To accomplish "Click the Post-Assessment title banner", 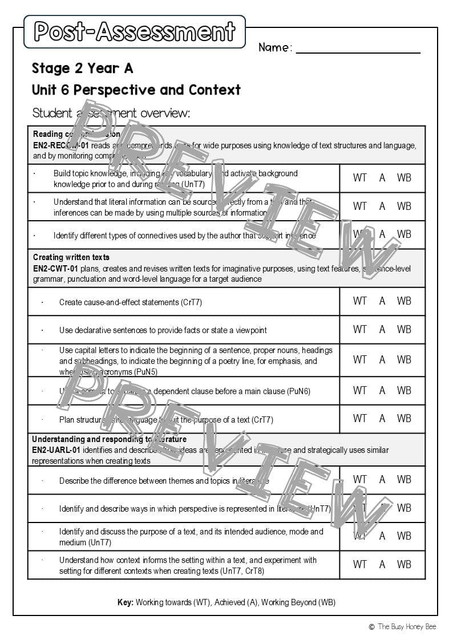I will coord(135,32).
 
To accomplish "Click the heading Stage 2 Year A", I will coord(82,68).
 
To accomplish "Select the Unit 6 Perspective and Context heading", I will coord(136,90).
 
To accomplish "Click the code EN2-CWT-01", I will coord(56,269).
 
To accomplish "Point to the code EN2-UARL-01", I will coord(57,450).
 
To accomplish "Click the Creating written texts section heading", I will coord(71,257).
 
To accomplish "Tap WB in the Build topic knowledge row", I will coord(404,178).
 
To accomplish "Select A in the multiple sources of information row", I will coord(382,206).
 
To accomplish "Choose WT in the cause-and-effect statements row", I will coord(360,301).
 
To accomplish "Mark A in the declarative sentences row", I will coord(382,329).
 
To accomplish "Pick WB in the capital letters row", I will coord(404,360).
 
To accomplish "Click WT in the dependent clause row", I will coord(360,391).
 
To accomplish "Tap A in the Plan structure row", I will coord(382,419).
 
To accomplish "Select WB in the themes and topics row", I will coord(404,480).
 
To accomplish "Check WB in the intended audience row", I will coord(404,536).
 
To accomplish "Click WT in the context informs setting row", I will coord(360,564).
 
